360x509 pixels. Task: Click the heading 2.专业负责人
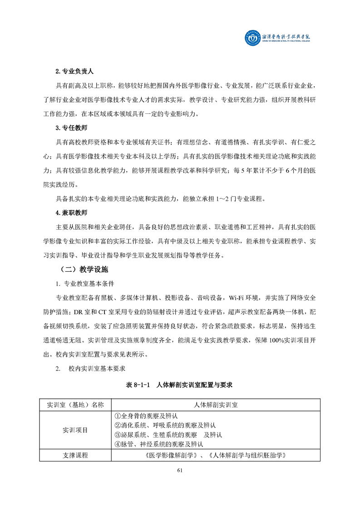(x=74, y=72)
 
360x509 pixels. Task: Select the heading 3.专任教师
(x=71, y=128)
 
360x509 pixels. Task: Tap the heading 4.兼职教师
(x=71, y=212)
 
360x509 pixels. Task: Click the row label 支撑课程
(x=75, y=455)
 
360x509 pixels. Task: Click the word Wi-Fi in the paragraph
(x=238, y=298)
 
